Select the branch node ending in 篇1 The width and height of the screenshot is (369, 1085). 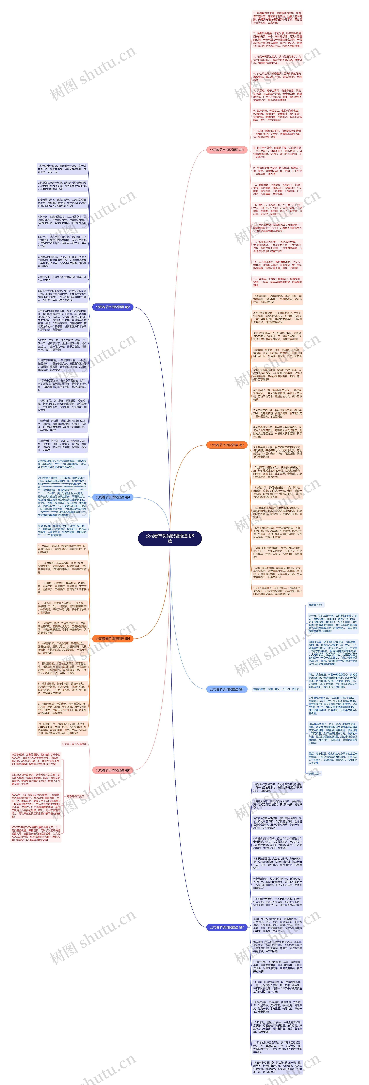(227, 150)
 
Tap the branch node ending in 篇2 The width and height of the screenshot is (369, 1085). (113, 307)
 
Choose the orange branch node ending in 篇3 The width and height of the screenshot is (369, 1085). (227, 445)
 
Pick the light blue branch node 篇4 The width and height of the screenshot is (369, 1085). (113, 497)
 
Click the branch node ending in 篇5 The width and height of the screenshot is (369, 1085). (227, 689)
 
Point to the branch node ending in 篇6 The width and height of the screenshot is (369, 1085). (113, 639)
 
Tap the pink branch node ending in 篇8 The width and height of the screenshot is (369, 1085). (113, 770)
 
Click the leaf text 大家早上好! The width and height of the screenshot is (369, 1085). (315, 605)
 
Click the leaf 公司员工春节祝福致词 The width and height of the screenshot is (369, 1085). (74, 744)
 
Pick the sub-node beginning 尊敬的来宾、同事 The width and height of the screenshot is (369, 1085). (277, 689)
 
